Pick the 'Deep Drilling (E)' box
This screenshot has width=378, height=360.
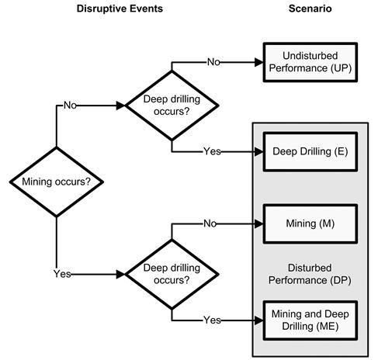coord(310,152)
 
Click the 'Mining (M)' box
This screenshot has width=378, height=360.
coord(310,223)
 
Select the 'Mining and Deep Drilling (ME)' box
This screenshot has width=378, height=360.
coord(310,317)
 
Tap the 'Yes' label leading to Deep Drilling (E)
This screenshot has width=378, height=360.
coord(211,152)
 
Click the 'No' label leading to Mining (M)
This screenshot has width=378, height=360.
coord(210,223)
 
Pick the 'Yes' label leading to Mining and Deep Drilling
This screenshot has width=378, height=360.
coord(211,318)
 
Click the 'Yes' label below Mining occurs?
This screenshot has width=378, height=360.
coord(61,274)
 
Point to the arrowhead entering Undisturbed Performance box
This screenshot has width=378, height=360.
coord(259,61)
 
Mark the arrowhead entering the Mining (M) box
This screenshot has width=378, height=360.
coord(259,223)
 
